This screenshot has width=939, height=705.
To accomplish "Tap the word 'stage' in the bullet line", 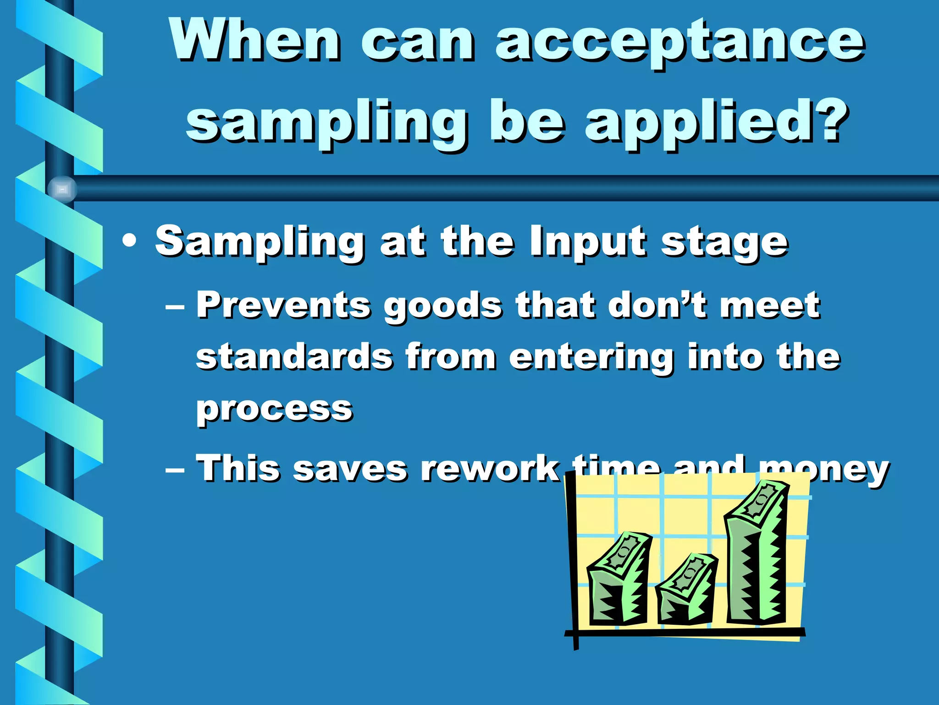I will (x=724, y=243).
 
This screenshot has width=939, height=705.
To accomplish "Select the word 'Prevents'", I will (x=283, y=305).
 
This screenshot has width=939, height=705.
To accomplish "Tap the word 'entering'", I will (x=591, y=358).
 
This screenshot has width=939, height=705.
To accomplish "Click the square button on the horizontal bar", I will (x=62, y=189).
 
